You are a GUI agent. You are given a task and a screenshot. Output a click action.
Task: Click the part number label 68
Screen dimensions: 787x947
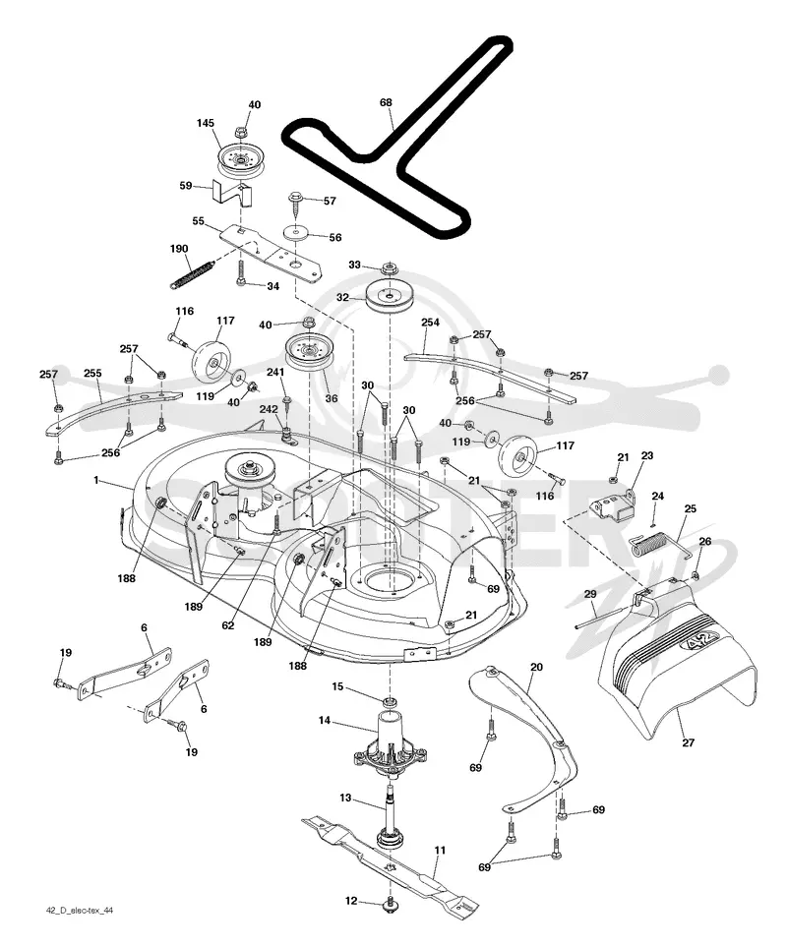click(x=386, y=102)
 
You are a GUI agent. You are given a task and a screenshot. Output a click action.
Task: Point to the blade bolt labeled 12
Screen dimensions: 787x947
click(x=388, y=902)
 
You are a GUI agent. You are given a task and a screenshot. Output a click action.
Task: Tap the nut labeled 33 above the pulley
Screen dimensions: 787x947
click(x=389, y=267)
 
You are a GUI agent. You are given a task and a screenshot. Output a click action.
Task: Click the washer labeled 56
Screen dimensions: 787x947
click(x=296, y=232)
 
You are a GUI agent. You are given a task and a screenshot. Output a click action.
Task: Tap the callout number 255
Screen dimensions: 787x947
click(x=92, y=374)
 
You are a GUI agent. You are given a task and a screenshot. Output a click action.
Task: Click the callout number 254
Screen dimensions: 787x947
click(x=430, y=323)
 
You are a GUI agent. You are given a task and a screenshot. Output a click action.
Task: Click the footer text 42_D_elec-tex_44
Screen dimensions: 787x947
click(x=79, y=927)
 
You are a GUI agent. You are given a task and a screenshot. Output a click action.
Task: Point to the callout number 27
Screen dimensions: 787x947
click(x=689, y=742)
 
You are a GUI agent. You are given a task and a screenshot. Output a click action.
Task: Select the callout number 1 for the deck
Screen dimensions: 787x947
click(x=96, y=480)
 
